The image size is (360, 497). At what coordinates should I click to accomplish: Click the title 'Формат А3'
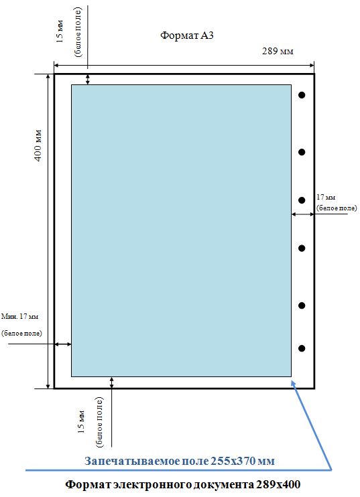187,35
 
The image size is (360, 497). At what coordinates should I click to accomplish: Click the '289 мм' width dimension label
278,51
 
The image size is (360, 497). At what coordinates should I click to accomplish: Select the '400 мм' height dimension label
38,145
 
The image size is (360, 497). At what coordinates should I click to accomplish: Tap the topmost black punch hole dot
302,94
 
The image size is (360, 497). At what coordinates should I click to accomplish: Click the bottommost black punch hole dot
302,348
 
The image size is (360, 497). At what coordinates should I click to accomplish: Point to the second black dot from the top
302,152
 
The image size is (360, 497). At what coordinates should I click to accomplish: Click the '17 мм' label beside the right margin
326,197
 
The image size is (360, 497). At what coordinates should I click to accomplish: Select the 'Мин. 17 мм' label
19,316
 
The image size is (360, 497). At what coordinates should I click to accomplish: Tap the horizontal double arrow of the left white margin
63,344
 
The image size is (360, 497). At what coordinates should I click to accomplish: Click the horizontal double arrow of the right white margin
302,214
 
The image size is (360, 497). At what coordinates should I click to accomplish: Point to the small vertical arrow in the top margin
88,79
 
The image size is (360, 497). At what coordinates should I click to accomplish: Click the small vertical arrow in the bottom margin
112,382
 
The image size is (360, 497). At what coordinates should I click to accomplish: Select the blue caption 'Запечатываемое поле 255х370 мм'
180,461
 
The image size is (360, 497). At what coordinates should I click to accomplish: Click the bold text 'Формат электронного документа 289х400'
183,484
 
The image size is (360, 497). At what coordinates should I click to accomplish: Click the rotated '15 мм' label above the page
60,31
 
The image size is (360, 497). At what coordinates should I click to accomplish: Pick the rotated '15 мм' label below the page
81,421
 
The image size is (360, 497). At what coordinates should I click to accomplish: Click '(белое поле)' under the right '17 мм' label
337,208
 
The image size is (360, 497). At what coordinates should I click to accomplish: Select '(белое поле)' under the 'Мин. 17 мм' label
21,333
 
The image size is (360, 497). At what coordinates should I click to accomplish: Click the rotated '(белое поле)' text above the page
78,32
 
